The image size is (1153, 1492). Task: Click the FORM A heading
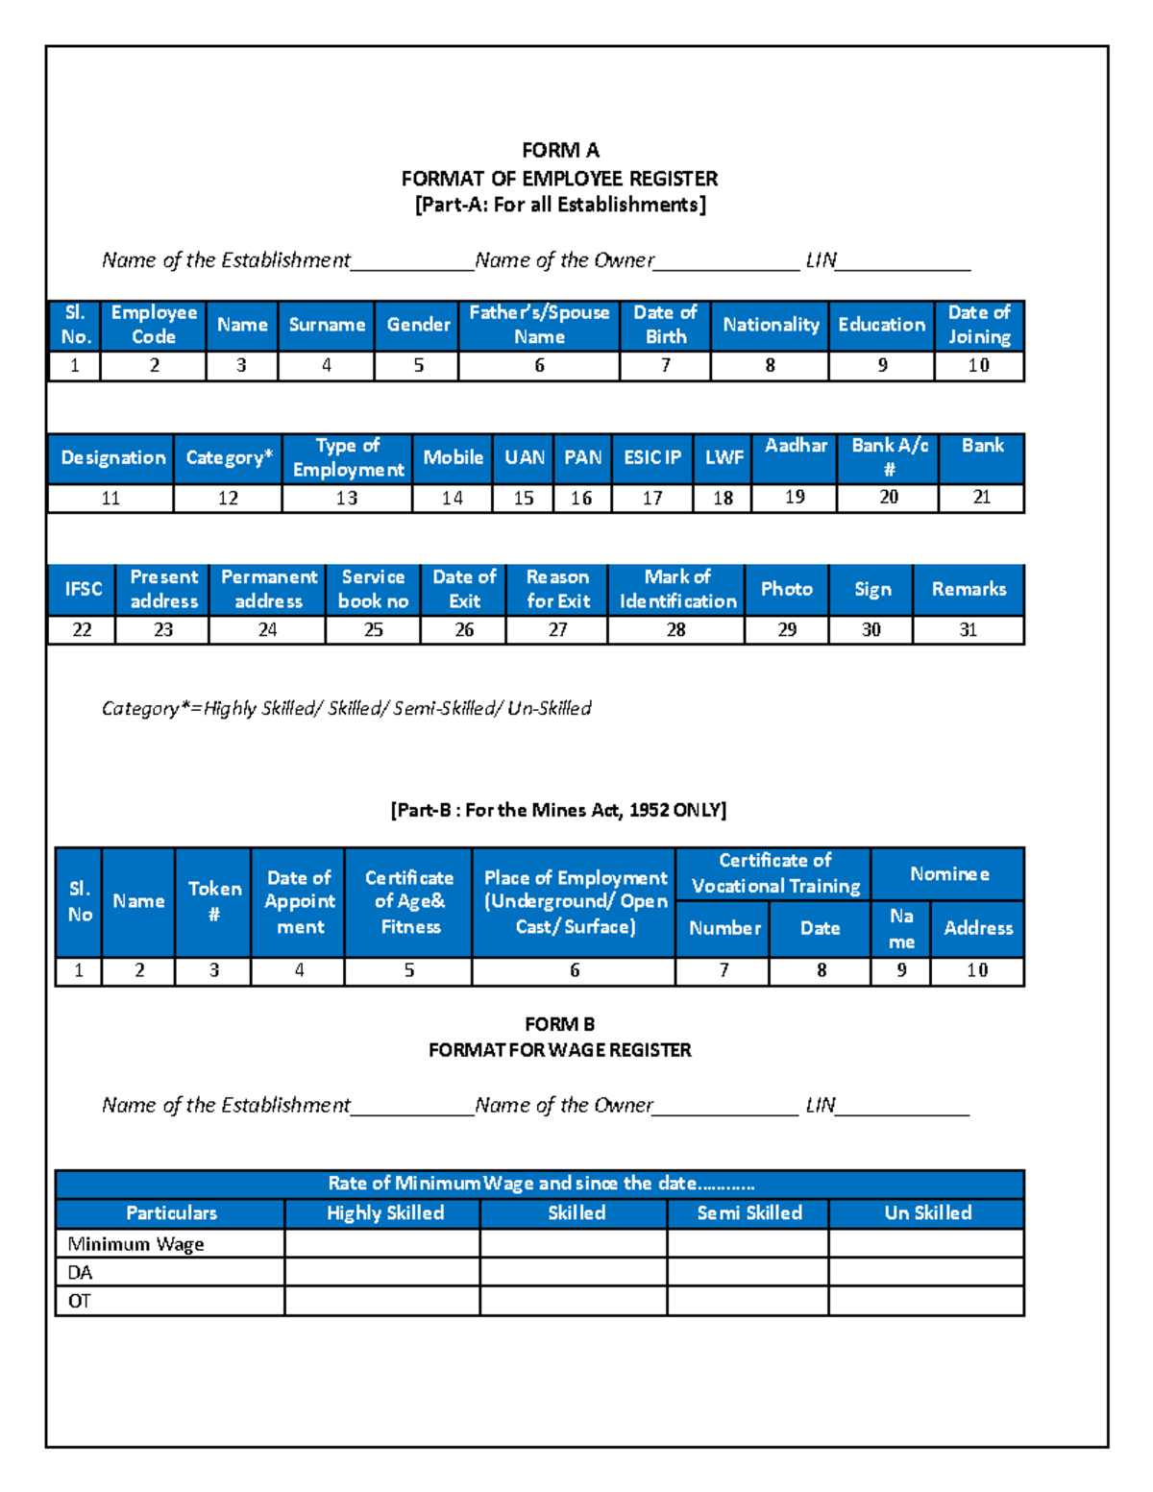pos(560,150)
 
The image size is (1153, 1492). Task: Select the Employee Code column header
pos(154,325)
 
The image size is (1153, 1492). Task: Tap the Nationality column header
pos(771,325)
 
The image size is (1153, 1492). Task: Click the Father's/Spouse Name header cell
pos(539,325)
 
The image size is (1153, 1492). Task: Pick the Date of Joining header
pos(979,325)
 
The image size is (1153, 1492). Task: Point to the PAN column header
pos(582,457)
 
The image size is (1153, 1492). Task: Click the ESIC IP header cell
pos(652,457)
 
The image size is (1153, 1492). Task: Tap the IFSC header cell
pos(83,589)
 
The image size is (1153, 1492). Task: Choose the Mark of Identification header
pos(677,589)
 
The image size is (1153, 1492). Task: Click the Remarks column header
pos(969,589)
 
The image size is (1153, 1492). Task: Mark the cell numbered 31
pos(969,630)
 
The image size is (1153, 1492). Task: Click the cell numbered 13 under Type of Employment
pos(347,499)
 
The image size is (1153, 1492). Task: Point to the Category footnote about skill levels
pos(346,708)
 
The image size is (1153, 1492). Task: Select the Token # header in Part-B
pos(213,901)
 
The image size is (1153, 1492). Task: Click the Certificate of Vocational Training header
pos(774,873)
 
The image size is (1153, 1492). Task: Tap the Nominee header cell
pos(948,874)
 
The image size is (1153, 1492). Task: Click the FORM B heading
pos(559,1024)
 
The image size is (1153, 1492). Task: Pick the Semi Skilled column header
pos(748,1213)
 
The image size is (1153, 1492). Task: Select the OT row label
pos(80,1301)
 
